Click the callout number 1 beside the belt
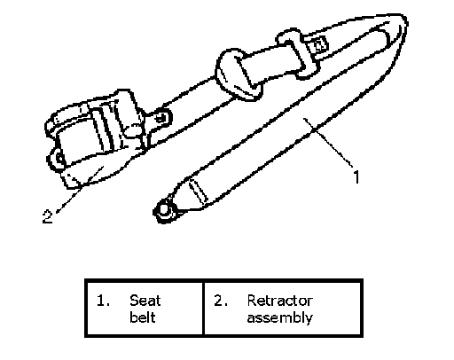(x=356, y=177)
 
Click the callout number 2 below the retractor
(x=47, y=216)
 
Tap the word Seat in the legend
(x=145, y=301)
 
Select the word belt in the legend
(x=142, y=317)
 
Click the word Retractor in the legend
(x=279, y=301)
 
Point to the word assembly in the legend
(x=279, y=318)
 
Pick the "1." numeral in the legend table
(x=103, y=301)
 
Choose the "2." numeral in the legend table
(x=221, y=301)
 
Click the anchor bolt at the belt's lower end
(x=164, y=210)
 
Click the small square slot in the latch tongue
(x=320, y=45)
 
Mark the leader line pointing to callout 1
(x=328, y=143)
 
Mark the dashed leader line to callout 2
(x=79, y=190)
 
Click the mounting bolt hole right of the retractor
(x=160, y=118)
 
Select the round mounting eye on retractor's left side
(x=59, y=159)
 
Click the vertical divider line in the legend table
(x=203, y=309)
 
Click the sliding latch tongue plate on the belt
(x=299, y=53)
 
